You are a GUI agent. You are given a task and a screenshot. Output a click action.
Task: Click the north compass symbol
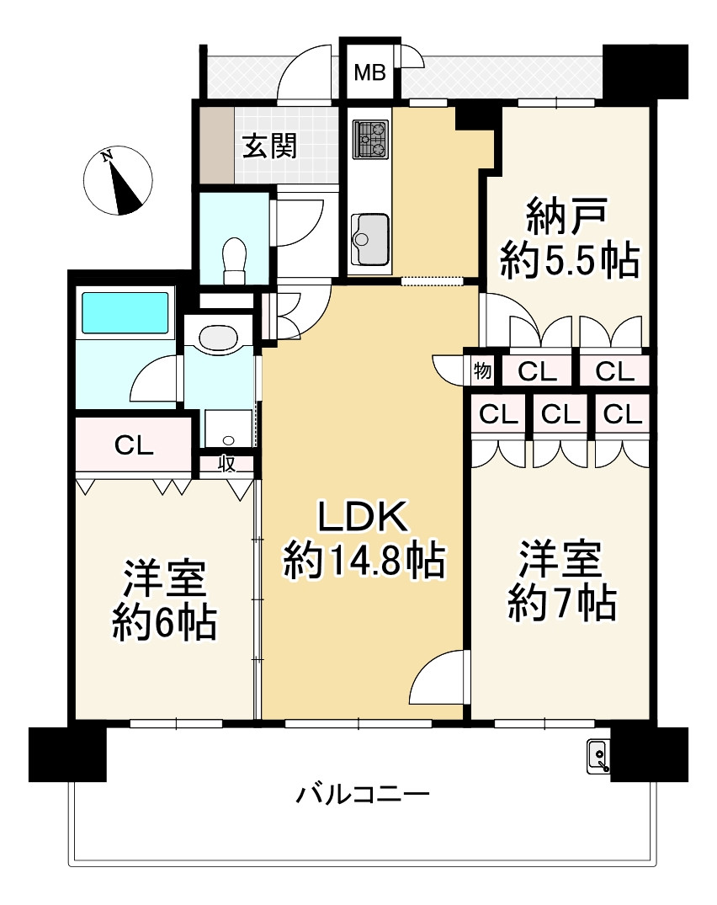[x=119, y=179]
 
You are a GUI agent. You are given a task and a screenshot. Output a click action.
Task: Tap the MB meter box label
[x=369, y=73]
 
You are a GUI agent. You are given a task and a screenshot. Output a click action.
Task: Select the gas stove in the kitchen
[x=371, y=139]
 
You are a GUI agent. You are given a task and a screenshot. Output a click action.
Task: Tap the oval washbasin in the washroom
[x=219, y=338]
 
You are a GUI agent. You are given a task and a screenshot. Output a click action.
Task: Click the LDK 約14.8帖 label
[x=364, y=539]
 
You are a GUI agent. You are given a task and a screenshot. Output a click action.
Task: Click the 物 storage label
[x=482, y=370]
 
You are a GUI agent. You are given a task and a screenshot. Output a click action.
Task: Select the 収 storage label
[x=227, y=464]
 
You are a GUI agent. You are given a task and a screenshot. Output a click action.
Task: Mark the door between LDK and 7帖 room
[x=439, y=678]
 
